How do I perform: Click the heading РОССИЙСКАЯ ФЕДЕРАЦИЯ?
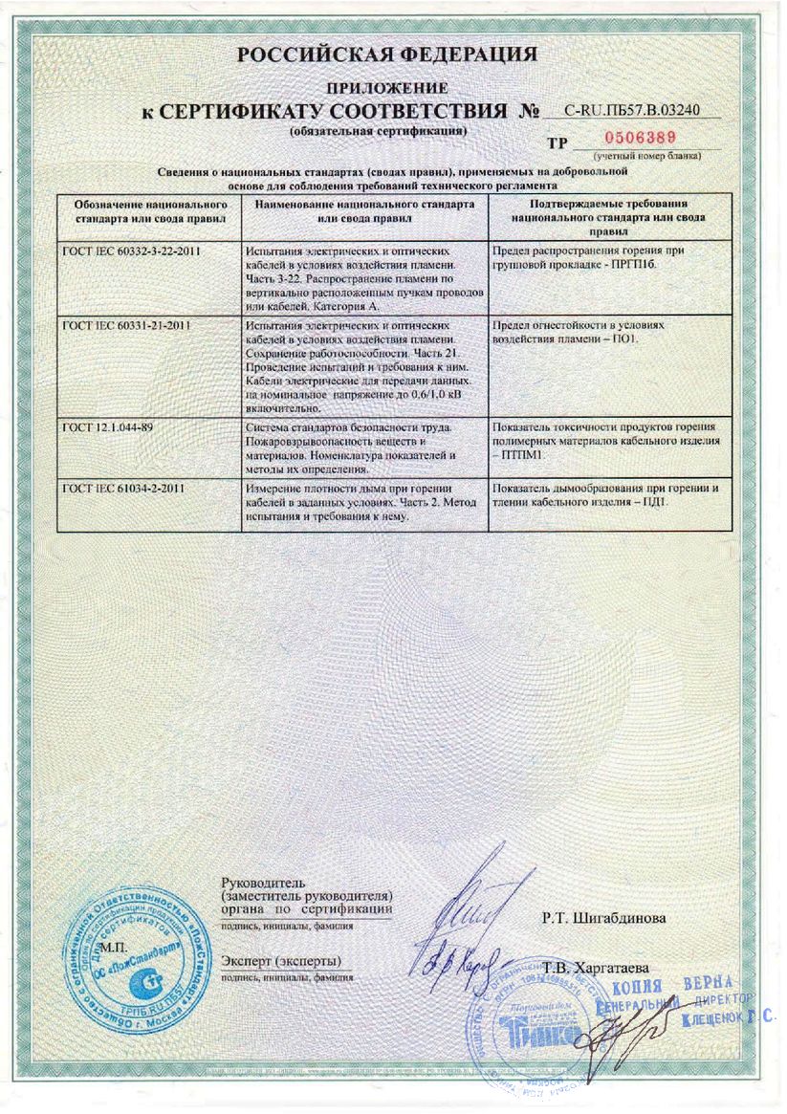pyautogui.click(x=387, y=55)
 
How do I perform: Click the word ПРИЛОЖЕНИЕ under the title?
pyautogui.click(x=386, y=88)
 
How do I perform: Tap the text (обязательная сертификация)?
pyautogui.click(x=379, y=128)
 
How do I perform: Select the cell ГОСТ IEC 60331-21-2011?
pyautogui.click(x=126, y=325)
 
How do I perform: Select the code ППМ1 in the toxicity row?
pyautogui.click(x=521, y=455)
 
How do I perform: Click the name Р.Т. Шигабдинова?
pyautogui.click(x=603, y=918)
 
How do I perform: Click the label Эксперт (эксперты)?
pyautogui.click(x=281, y=959)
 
